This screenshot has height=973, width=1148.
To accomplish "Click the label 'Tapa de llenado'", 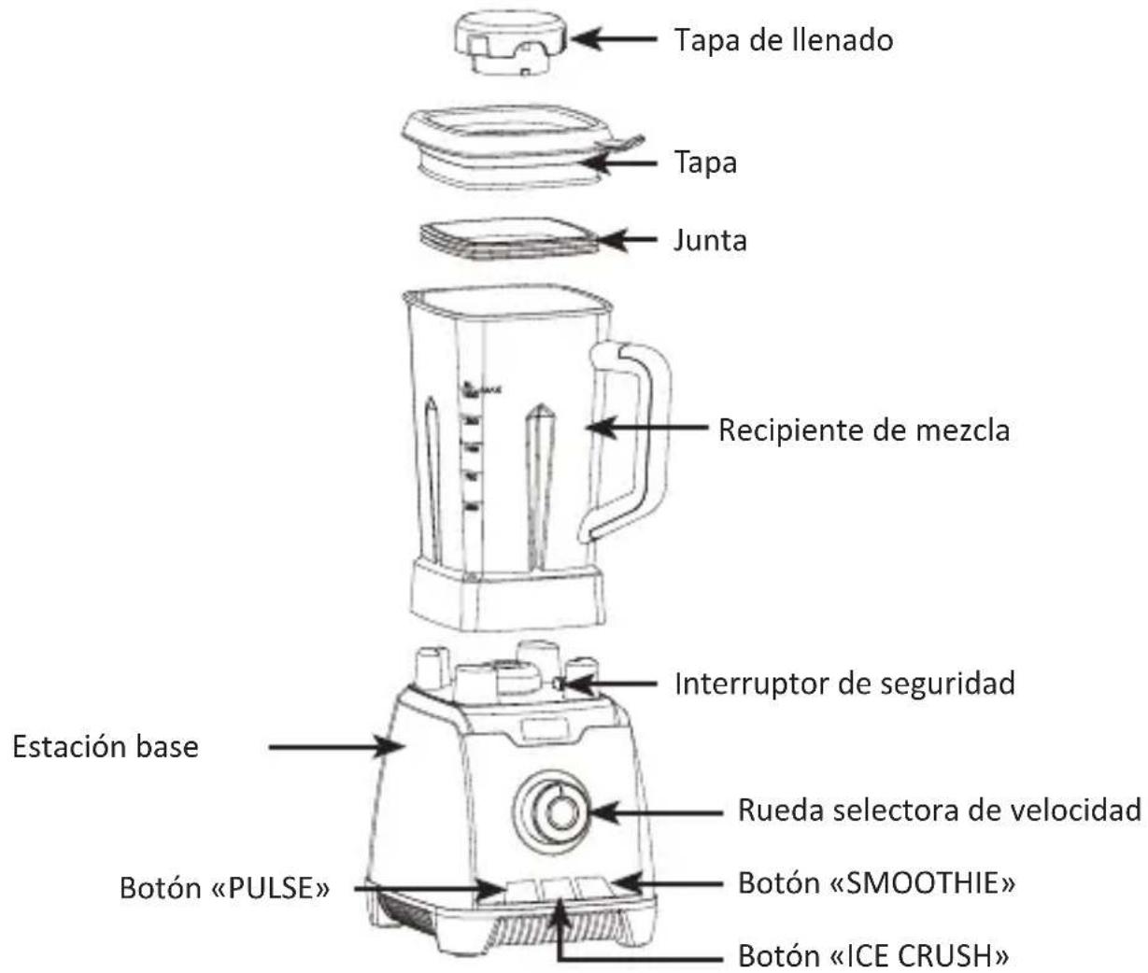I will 783,40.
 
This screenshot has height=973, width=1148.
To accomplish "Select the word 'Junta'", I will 710,241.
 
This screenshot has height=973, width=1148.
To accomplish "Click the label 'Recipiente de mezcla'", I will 863,430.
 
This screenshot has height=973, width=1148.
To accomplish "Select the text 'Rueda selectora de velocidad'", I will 939,810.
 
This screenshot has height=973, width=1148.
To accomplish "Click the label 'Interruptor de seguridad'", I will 844,684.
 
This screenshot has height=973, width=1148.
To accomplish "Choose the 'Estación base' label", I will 106,747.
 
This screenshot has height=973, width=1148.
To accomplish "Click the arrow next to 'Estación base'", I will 336,747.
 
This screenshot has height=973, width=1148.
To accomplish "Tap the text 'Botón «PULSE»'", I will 224,888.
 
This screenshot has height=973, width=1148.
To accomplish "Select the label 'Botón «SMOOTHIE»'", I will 876,882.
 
